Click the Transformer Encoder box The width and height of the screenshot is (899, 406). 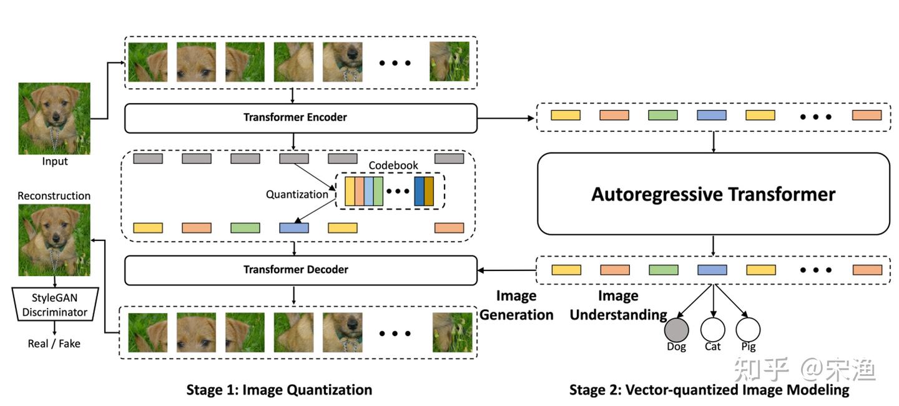coord(300,118)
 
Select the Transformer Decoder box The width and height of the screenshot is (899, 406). coord(300,270)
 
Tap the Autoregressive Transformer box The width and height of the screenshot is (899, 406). coord(713,194)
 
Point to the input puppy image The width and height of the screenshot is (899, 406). coord(54,119)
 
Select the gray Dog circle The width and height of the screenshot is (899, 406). coord(676,329)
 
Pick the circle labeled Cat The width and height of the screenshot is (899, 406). coord(712,329)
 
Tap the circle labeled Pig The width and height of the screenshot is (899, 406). coord(747,329)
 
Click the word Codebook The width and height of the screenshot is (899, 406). coord(393,166)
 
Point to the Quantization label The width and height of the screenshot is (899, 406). coord(297,194)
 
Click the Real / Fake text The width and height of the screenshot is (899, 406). coord(54,344)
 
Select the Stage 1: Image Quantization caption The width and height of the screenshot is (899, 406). coord(279,390)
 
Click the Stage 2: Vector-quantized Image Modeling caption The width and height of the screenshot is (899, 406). coord(709,390)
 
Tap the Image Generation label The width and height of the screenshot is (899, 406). coord(516,305)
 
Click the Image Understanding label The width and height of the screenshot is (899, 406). coord(618,305)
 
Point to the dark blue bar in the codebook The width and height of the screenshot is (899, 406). coord(419,191)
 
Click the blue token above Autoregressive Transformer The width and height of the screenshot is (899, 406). coord(711,116)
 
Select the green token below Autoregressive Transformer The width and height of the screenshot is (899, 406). coord(663,270)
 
